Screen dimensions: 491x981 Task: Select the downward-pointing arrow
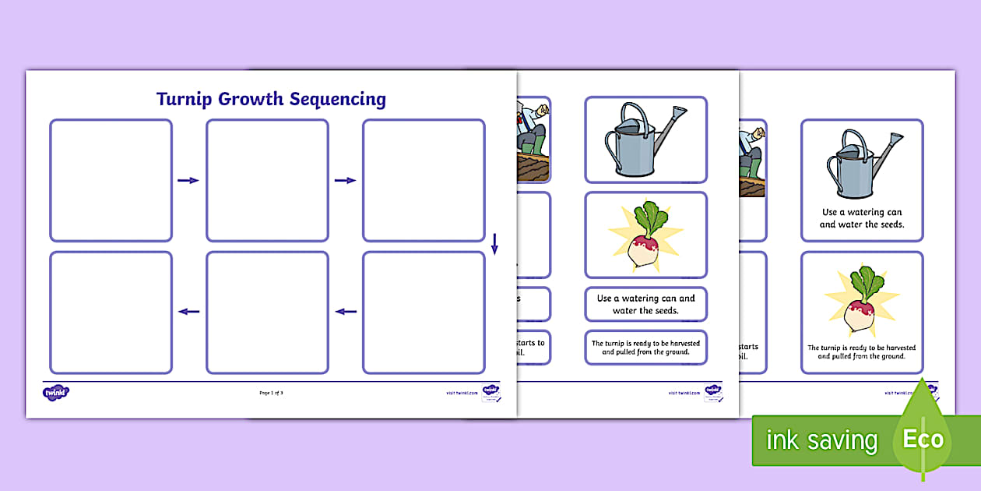coord(494,244)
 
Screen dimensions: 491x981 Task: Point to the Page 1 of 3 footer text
coord(271,393)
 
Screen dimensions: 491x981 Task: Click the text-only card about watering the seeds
coord(645,304)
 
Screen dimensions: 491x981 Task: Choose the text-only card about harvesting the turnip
coord(645,348)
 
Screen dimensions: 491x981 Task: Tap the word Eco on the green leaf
coord(923,439)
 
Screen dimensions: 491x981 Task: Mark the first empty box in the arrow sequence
coord(111,180)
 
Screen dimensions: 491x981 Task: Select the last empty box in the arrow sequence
coord(111,312)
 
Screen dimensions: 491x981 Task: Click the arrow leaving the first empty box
coord(188,181)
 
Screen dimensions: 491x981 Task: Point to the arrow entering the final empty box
coord(188,312)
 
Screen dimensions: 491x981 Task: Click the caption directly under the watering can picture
coord(862,218)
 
